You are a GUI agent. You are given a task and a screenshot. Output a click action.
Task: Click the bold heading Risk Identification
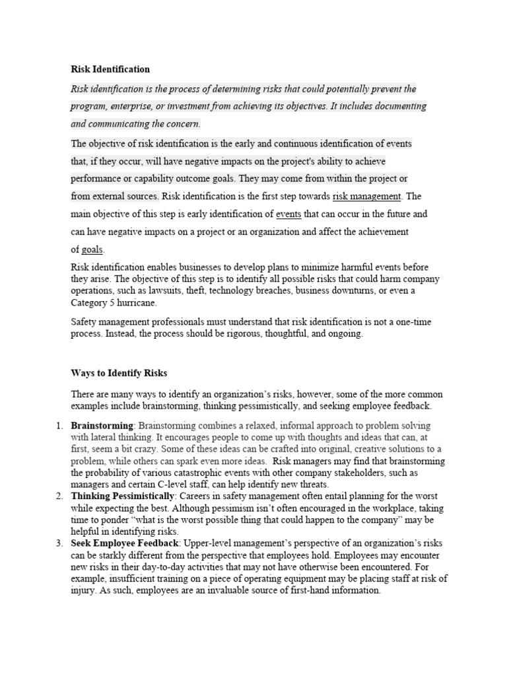(110, 69)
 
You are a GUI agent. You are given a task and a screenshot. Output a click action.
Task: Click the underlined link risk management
(366, 196)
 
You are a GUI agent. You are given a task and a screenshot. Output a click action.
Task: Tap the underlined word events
(288, 214)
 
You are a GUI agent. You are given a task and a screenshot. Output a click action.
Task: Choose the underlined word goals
(92, 250)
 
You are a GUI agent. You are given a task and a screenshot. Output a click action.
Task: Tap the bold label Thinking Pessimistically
(124, 496)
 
